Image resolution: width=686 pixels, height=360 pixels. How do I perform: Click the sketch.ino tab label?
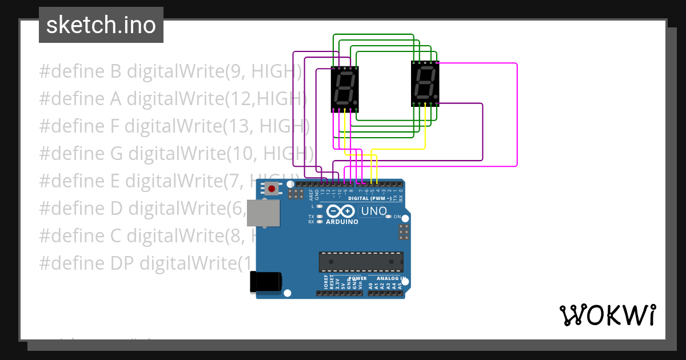tap(101, 25)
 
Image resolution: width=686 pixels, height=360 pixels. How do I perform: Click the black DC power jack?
tap(266, 282)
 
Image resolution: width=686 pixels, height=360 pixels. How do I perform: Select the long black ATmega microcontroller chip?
tap(361, 262)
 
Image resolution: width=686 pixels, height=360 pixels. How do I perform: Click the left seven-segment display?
tap(345, 89)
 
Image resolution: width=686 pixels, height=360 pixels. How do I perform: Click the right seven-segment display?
tap(425, 83)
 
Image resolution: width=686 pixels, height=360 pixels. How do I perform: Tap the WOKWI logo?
tap(607, 314)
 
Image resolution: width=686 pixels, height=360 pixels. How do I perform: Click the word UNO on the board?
tap(374, 211)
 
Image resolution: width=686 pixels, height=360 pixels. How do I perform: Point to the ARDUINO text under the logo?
tap(342, 222)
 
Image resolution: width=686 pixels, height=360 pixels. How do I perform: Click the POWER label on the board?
tap(358, 279)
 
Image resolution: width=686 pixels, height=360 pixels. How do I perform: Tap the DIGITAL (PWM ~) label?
tap(370, 198)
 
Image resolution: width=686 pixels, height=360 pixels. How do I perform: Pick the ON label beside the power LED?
tap(397, 217)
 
